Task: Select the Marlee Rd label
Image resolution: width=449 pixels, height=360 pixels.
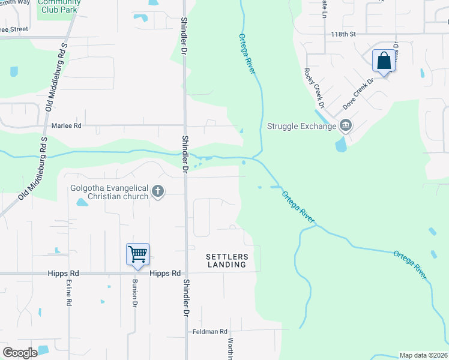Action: click(66, 126)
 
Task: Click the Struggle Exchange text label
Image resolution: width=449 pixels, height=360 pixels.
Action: click(301, 126)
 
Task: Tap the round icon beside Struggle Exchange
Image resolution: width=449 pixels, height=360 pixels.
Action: click(345, 125)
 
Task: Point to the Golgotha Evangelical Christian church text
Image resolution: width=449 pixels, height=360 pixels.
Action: click(109, 192)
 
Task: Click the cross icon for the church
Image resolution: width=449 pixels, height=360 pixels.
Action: click(158, 192)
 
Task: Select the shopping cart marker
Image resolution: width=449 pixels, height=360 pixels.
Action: click(137, 254)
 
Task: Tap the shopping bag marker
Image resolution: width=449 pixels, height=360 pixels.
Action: click(384, 61)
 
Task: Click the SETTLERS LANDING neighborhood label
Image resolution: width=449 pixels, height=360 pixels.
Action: click(227, 260)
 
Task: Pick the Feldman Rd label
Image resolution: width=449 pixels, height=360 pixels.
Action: click(210, 332)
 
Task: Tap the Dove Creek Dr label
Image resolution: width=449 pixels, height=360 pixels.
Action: click(358, 92)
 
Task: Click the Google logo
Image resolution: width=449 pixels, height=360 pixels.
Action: click(20, 353)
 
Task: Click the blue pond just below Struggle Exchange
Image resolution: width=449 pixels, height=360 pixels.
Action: click(341, 144)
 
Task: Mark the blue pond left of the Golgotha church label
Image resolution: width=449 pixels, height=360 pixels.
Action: click(81, 202)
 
